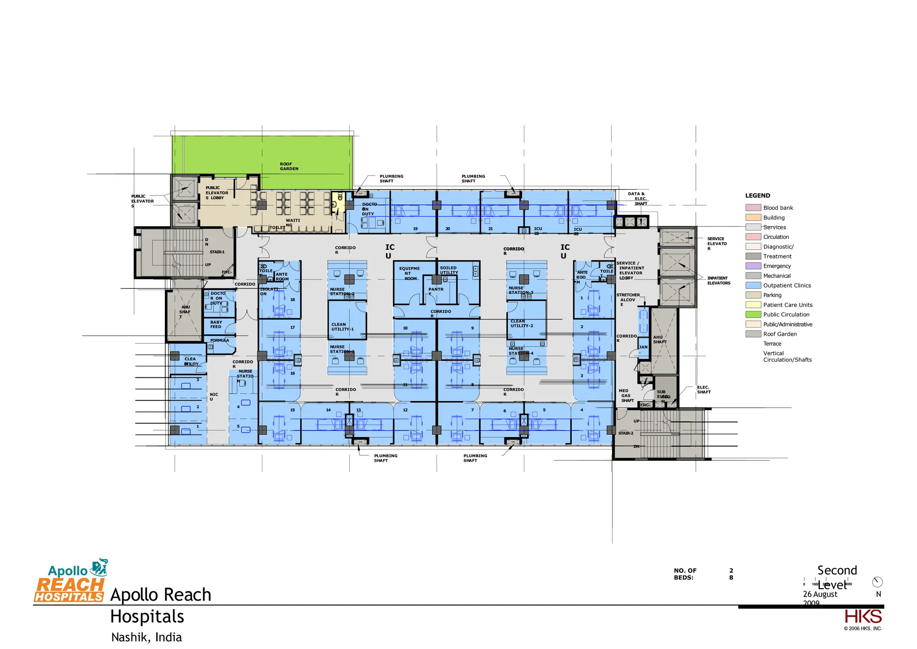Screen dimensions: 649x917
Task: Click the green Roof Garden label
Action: (289, 166)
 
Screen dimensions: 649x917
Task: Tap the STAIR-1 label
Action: (217, 252)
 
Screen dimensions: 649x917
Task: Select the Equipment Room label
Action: (409, 273)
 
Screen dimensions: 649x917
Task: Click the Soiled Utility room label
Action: (449, 270)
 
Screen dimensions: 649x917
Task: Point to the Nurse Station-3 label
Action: (520, 290)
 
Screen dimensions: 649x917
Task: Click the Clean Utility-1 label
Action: (342, 327)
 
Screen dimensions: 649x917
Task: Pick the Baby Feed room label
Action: (216, 324)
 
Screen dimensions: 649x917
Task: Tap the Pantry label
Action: (435, 291)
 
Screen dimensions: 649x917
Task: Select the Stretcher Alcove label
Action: (628, 299)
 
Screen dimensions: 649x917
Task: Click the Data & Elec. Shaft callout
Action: (637, 199)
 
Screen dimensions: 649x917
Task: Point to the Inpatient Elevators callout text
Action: (719, 281)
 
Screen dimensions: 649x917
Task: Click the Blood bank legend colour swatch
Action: (753, 208)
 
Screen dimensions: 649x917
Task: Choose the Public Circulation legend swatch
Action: (753, 315)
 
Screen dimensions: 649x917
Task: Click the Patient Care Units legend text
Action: (788, 305)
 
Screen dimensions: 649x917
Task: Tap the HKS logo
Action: (863, 617)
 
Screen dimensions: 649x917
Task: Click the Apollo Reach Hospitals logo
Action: (70, 581)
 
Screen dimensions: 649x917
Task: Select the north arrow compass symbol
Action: (877, 582)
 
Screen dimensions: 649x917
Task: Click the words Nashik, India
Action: (146, 637)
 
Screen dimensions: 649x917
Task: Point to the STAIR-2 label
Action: (626, 433)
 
